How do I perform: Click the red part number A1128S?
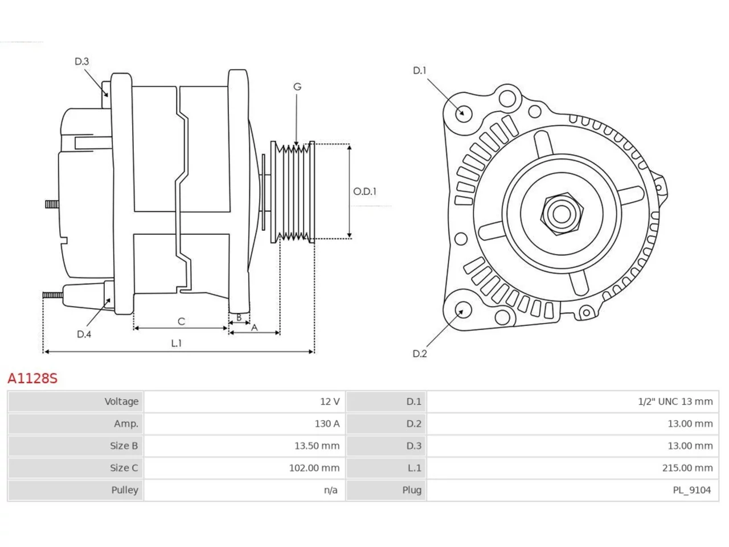pos(32,378)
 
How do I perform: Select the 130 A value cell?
pos(327,423)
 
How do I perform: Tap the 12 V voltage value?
pos(329,402)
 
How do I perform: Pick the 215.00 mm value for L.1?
pos(687,468)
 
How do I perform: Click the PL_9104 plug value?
pos(691,490)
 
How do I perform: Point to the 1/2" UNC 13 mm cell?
pos(675,402)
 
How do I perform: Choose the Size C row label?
pos(124,468)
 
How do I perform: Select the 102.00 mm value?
pos(314,468)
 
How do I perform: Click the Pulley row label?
pos(125,490)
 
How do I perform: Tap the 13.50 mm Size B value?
pos(317,446)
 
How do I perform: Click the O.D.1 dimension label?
pos(364,191)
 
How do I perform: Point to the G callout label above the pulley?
pos(297,87)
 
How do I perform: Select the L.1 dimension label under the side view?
pos(177,343)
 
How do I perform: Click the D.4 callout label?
pos(84,334)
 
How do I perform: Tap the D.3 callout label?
pos(81,62)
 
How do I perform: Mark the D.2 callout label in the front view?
pos(420,354)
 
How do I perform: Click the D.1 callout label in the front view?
pos(420,71)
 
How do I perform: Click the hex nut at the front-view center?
pos(561,214)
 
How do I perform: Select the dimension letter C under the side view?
pos(181,321)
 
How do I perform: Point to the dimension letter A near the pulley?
pos(254,328)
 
